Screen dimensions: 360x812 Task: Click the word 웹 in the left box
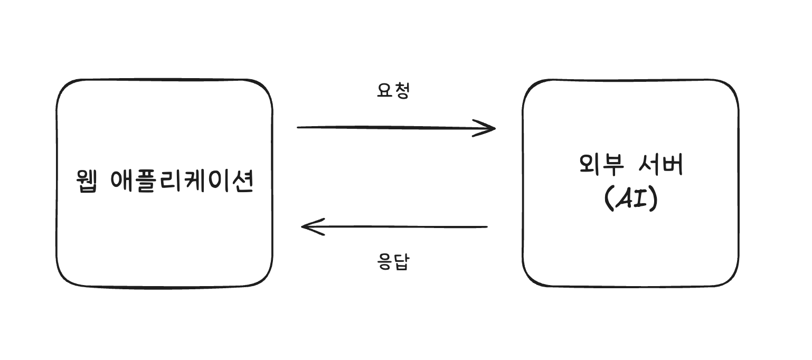tap(87, 182)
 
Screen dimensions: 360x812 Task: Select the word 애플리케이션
tap(183, 182)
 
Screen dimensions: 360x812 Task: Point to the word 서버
tap(659, 166)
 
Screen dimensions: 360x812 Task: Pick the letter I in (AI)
tap(640, 200)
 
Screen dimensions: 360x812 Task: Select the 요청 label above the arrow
tap(393, 91)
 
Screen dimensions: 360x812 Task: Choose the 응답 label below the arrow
tap(393, 262)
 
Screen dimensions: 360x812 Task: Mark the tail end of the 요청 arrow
tap(299, 127)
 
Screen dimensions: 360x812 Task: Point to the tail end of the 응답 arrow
tap(486, 227)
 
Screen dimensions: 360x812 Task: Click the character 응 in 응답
tap(385, 262)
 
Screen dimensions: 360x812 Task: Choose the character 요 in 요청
tap(385, 91)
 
